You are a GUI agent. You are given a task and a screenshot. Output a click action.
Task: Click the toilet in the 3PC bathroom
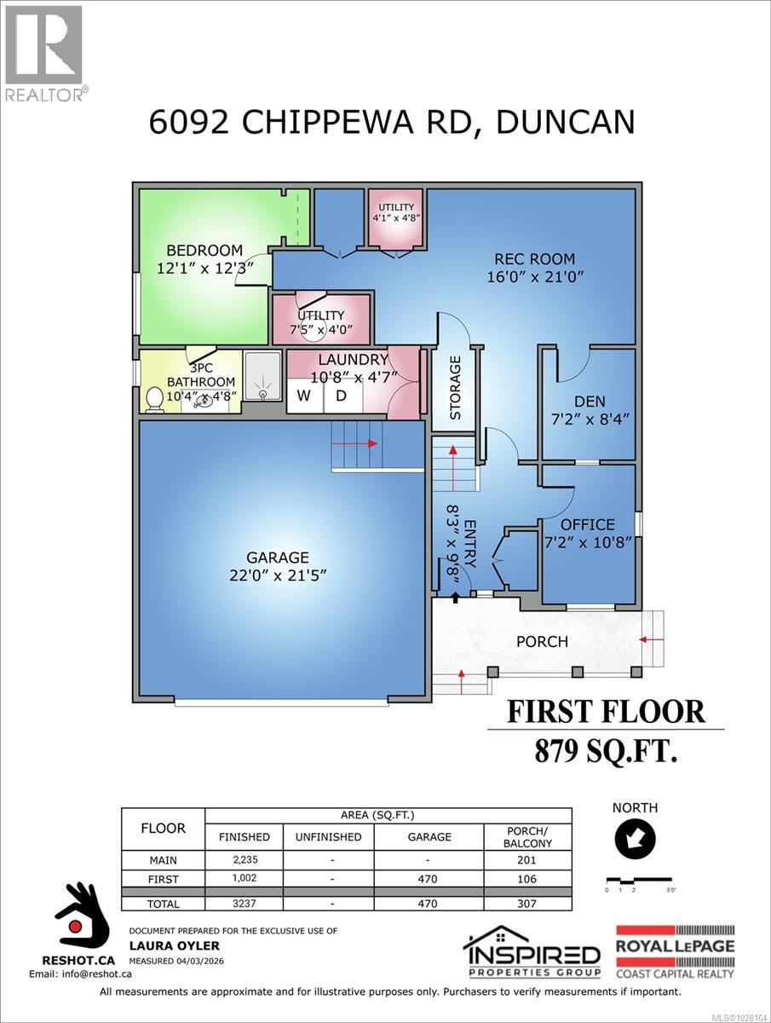pos(155,399)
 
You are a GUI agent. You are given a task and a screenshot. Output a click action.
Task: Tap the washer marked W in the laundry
pos(304,396)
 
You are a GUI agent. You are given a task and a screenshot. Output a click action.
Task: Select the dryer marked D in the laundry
pos(341,396)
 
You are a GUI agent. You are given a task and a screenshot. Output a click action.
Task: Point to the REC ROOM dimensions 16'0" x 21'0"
pos(535,277)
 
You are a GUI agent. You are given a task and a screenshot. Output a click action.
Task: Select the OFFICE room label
pos(587,524)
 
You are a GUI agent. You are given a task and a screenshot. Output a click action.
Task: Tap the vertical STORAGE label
pos(455,388)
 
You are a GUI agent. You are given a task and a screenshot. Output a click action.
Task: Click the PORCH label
pos(542,641)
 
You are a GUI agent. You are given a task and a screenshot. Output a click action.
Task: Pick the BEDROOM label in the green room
pos(204,250)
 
